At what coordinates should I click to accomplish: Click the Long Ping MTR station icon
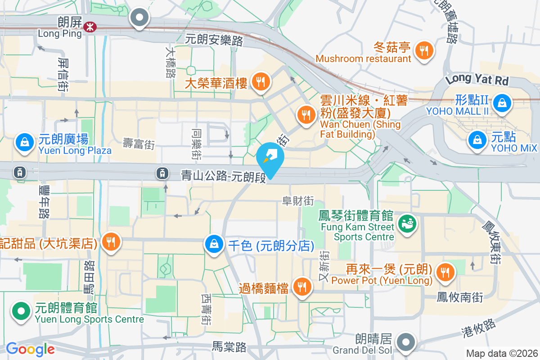(x=89, y=28)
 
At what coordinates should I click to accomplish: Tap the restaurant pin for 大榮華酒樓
(x=260, y=82)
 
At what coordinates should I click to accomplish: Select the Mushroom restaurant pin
(x=423, y=50)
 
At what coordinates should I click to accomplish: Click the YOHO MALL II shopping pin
(x=501, y=103)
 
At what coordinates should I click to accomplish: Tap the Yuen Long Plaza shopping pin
(x=25, y=143)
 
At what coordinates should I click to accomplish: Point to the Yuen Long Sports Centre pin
(x=21, y=311)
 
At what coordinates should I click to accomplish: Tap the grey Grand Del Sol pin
(x=406, y=342)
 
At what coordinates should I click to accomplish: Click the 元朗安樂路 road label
(x=214, y=40)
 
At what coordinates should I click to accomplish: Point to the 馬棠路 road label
(x=229, y=347)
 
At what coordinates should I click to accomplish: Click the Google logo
(x=30, y=349)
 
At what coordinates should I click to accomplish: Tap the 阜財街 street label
(x=298, y=200)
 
